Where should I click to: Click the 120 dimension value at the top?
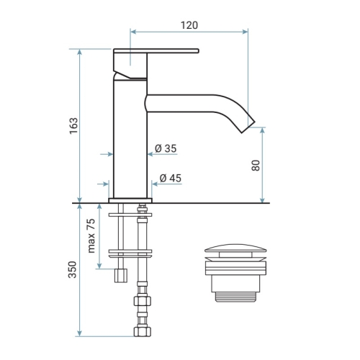[189, 25]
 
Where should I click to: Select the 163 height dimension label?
[73, 126]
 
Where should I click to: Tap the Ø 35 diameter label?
[166, 148]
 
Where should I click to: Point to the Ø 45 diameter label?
[171, 178]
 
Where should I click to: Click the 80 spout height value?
[256, 166]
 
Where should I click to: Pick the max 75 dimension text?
[91, 236]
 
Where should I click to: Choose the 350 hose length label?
[73, 269]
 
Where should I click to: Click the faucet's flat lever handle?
[156, 50]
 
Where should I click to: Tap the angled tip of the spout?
[248, 126]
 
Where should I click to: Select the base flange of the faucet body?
[130, 200]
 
